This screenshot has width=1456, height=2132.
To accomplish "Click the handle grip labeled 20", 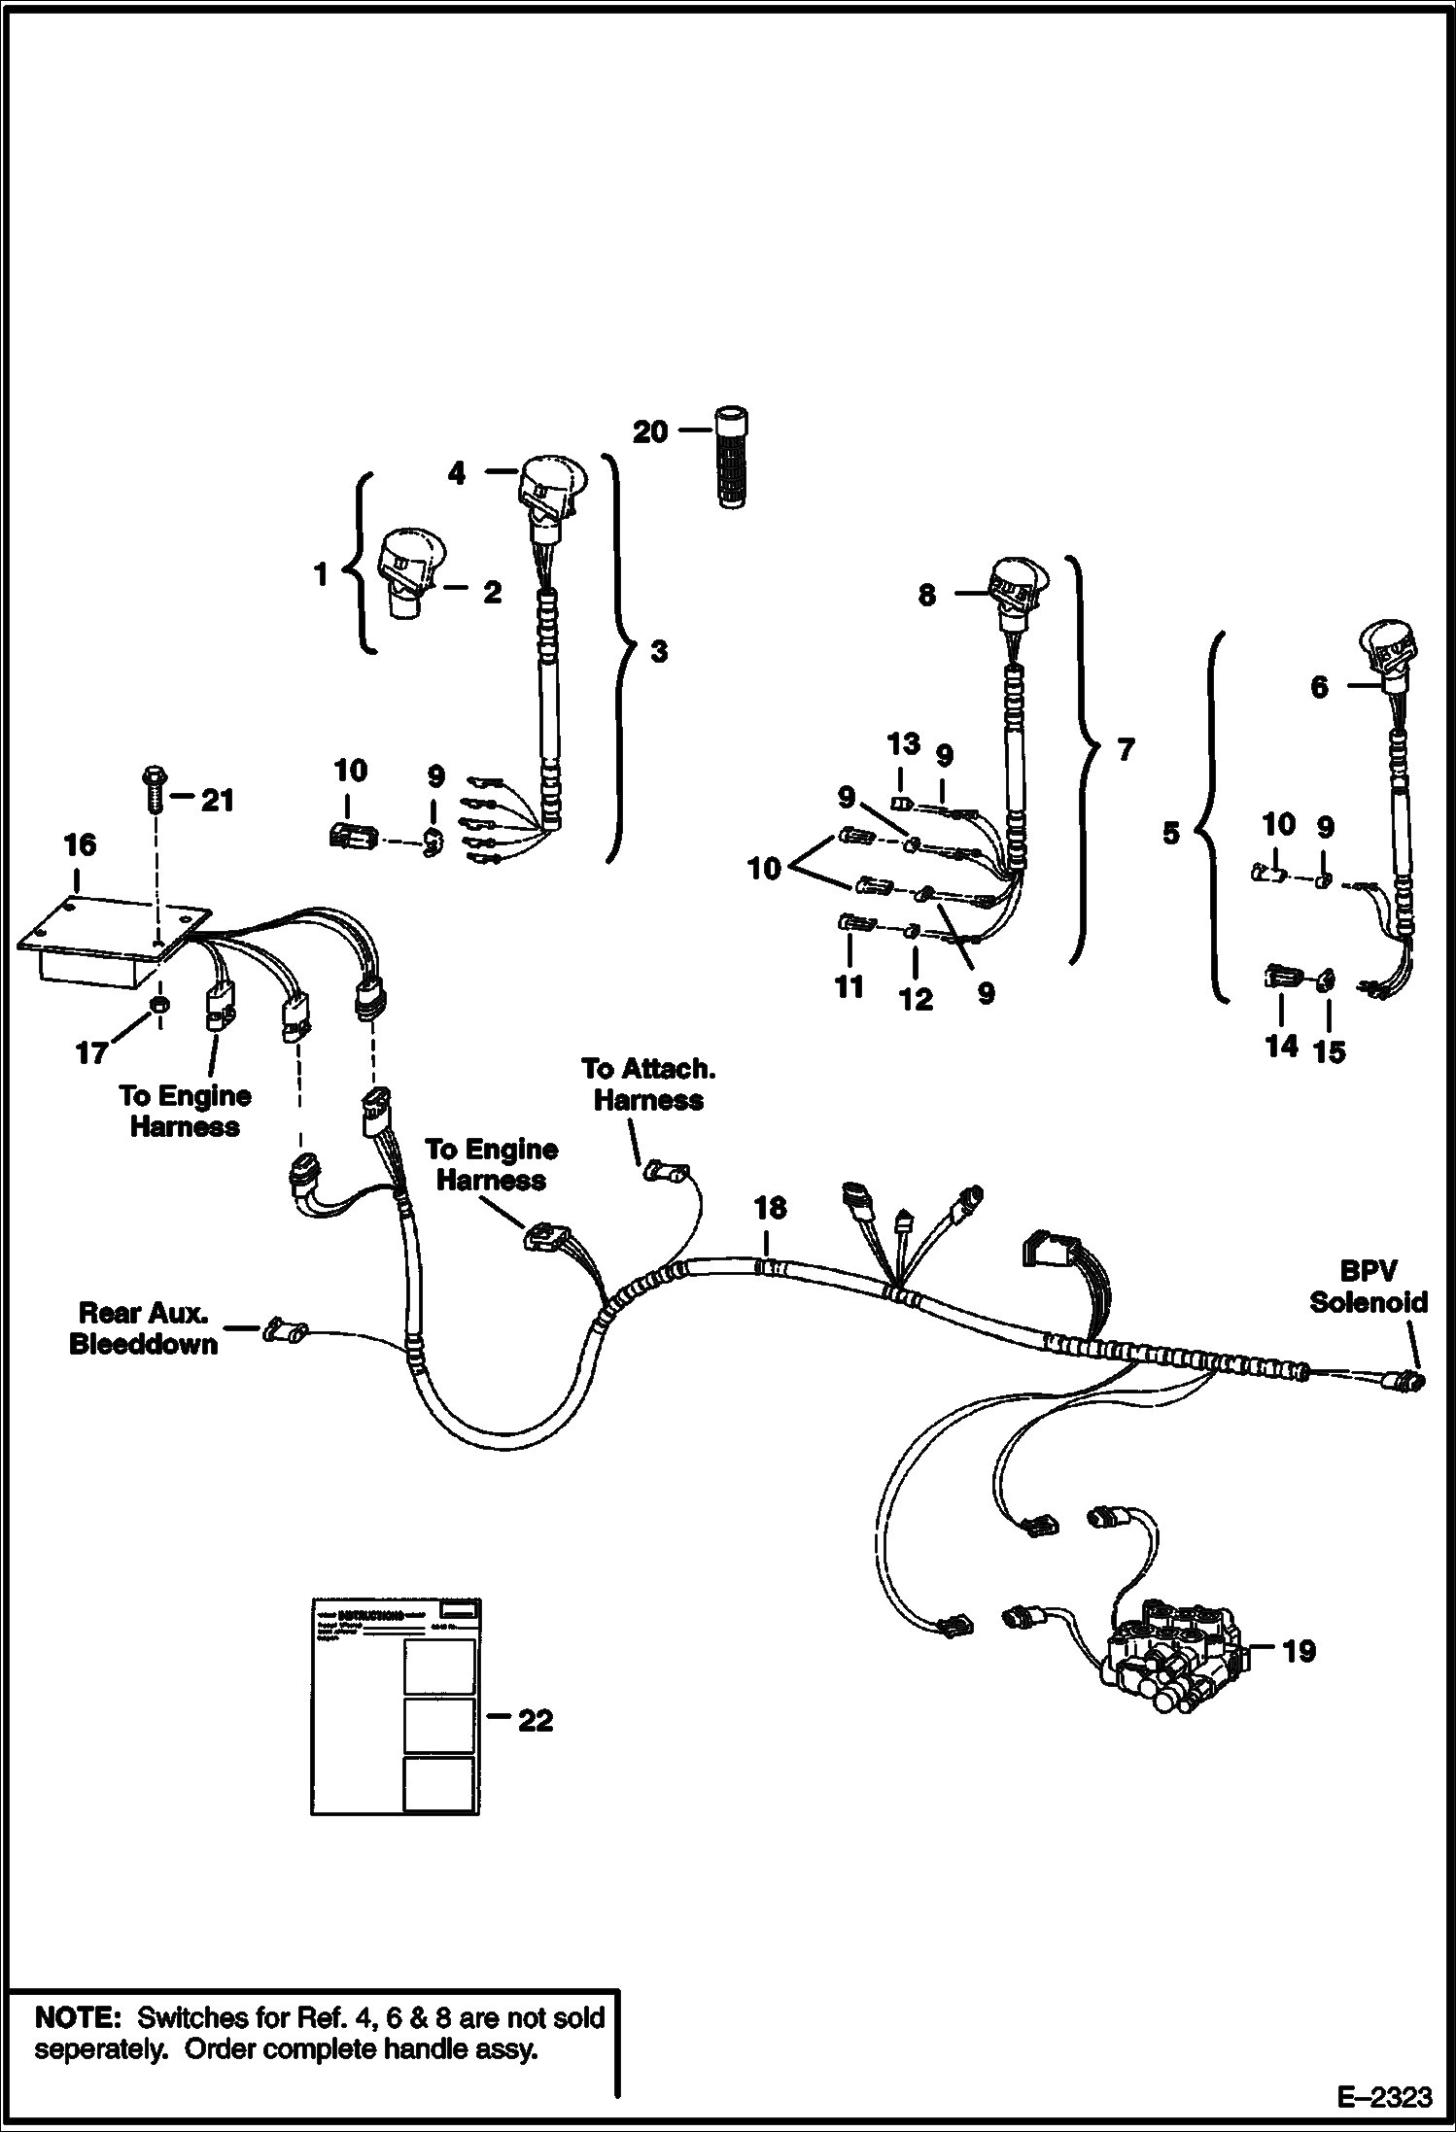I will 732,457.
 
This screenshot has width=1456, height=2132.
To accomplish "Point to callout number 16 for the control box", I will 80,844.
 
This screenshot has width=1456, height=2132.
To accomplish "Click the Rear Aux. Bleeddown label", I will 143,1328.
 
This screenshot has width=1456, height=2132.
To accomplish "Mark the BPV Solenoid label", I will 1369,1287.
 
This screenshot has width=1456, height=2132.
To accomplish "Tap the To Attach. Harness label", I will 649,1083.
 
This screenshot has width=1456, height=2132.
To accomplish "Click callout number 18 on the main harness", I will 770,1208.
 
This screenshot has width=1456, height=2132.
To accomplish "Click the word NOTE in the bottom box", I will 76,2018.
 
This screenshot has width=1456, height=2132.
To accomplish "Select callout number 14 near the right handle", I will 1281,1046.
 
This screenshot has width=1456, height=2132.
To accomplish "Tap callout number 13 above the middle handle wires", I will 903,744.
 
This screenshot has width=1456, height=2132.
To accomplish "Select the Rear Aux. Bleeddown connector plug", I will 286,1328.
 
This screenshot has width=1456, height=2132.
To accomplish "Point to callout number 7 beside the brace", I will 1126,749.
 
